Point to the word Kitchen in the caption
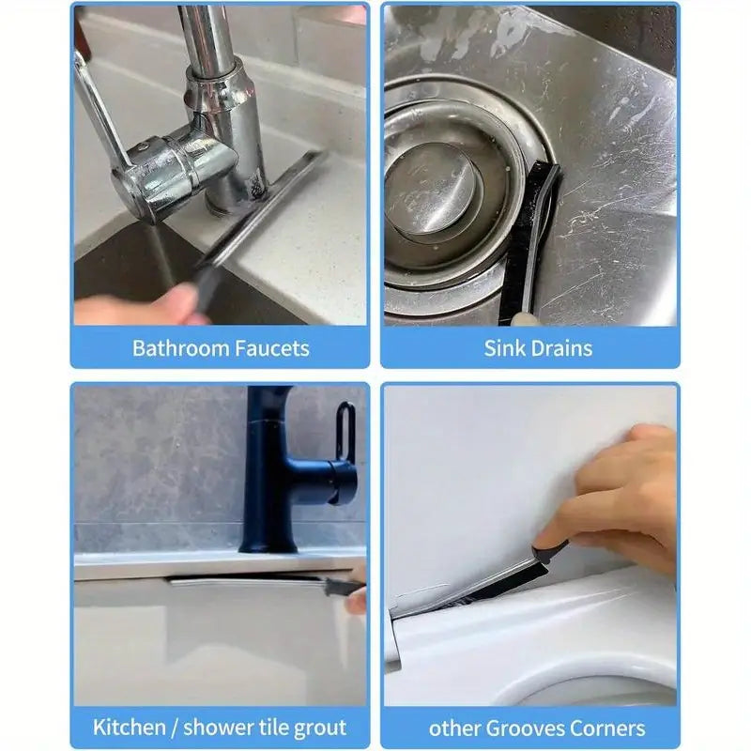pyautogui.click(x=129, y=727)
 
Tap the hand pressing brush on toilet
pyautogui.click(x=618, y=503)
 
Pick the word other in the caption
pyautogui.click(x=452, y=728)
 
